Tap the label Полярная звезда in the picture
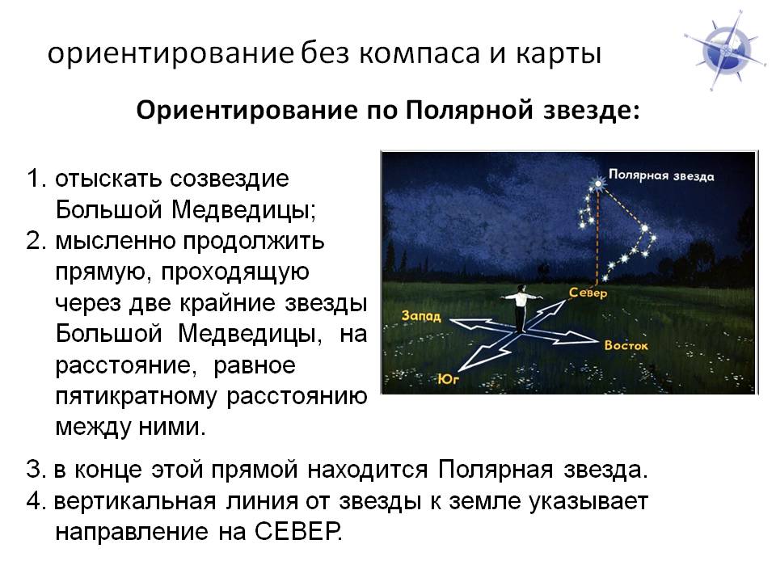pyautogui.click(x=661, y=175)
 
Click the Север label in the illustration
pyautogui.click(x=588, y=293)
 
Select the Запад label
pyautogui.click(x=420, y=315)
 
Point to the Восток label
pyautogui.click(x=626, y=345)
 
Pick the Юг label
pyautogui.click(x=449, y=378)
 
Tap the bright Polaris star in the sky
pyautogui.click(x=598, y=183)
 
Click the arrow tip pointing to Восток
pyautogui.click(x=598, y=340)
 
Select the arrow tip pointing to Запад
pyautogui.click(x=451, y=322)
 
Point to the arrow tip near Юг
pyautogui.click(x=460, y=370)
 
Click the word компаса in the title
pyautogui.click(x=420, y=53)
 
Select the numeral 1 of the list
pyautogui.click(x=34, y=179)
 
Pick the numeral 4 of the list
pyautogui.click(x=34, y=501)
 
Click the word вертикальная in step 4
pyautogui.click(x=135, y=501)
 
